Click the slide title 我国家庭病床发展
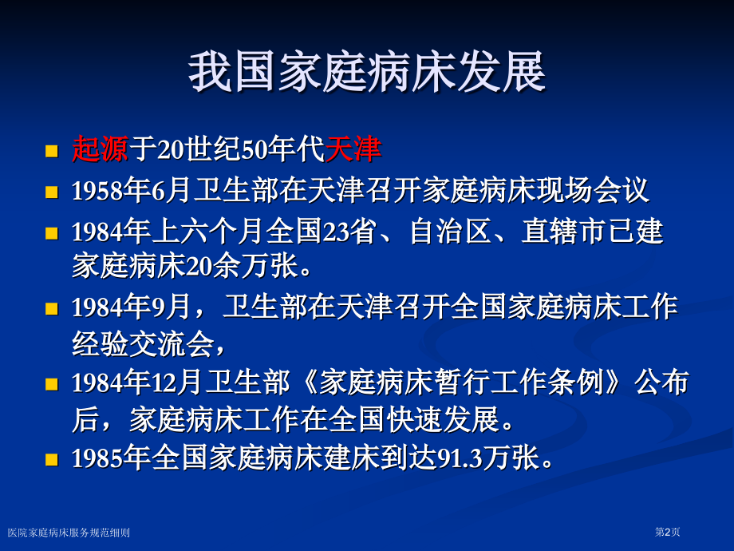coord(367,73)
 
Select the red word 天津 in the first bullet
coord(353,149)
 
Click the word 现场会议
coord(593,191)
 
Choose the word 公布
coord(661,382)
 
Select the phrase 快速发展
coord(444,419)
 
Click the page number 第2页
coord(667,532)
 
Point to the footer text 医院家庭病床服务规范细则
coord(69,533)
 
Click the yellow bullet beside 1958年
coord(52,192)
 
